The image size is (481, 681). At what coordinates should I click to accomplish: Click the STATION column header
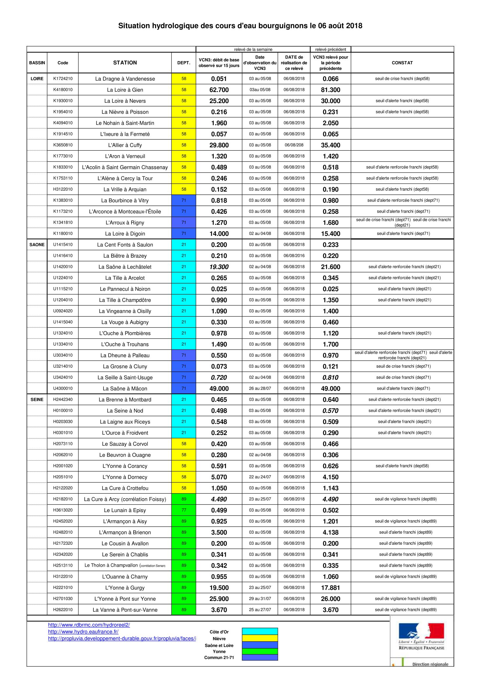coord(125,63)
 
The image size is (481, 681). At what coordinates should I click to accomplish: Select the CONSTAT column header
coord(402,63)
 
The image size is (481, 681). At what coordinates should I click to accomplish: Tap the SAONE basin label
coord(37,245)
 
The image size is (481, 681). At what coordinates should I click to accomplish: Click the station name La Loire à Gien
coord(125,90)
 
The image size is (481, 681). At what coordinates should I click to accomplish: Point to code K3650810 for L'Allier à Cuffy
coord(63,145)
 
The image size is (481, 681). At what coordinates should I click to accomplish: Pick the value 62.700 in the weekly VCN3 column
coord(219,90)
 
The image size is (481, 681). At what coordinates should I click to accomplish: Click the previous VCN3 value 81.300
coord(331,90)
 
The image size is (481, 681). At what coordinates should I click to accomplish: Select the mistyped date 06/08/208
coord(294,145)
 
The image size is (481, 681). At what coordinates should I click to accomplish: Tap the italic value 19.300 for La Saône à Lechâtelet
coord(219,267)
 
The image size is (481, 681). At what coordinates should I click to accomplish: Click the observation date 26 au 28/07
coord(260,388)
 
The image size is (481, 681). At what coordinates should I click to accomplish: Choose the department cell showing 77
coord(184,510)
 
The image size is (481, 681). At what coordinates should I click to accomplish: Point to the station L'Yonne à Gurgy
coord(125,588)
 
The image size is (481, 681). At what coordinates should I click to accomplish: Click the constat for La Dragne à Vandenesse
coord(402,79)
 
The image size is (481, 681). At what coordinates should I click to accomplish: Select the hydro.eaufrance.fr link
coord(83,632)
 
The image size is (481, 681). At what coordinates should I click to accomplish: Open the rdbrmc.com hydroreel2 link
coord(89,625)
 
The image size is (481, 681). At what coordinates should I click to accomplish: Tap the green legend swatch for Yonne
coord(260,651)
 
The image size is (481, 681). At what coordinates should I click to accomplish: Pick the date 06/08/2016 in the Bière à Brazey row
coord(294,256)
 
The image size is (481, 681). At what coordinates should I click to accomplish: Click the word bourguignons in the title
coord(283,26)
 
